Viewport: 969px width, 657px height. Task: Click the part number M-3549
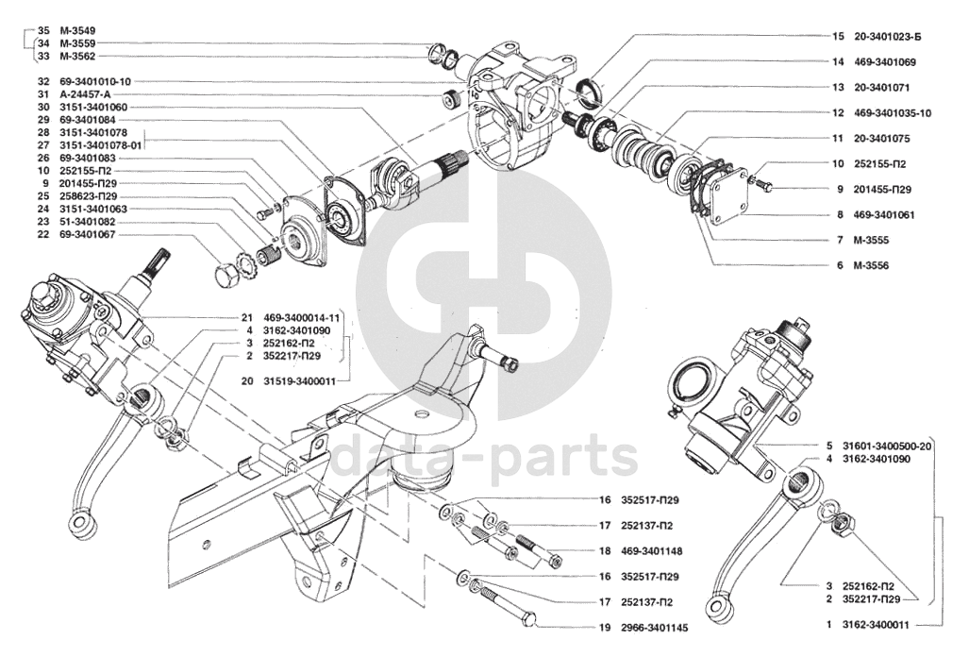(x=77, y=30)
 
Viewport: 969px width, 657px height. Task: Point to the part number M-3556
(x=871, y=266)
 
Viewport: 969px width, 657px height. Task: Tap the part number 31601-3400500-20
(x=887, y=446)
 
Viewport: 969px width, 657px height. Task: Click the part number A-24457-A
(x=85, y=94)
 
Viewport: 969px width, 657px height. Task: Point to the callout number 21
(x=247, y=318)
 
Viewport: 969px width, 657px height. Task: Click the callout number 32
(x=43, y=81)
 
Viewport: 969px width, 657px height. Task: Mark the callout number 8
(x=839, y=215)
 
